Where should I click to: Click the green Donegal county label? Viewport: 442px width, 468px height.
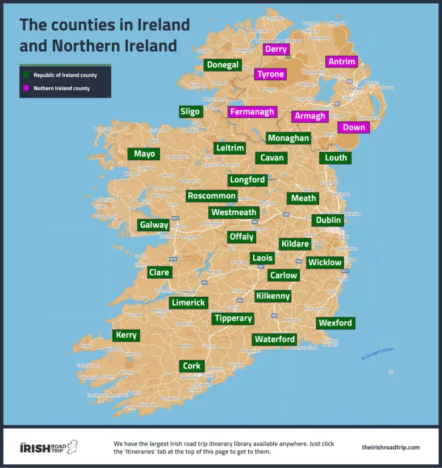pos(223,65)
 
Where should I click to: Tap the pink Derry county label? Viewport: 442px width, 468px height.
pos(276,50)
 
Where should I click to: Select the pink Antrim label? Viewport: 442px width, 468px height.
pos(341,61)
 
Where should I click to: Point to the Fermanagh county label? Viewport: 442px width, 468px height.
pos(252,112)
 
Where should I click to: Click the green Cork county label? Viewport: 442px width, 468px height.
pos(192,366)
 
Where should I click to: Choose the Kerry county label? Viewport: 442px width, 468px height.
pos(126,335)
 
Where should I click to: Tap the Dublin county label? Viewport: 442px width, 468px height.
pos(328,220)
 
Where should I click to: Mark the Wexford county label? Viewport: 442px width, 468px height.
pos(335,323)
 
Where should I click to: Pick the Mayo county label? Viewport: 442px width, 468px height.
pos(144,154)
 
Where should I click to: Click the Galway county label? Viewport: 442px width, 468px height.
pos(154,225)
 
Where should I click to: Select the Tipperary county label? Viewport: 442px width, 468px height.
pos(233,318)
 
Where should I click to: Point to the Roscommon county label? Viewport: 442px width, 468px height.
pos(211,196)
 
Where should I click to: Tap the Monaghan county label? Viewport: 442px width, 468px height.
pos(288,138)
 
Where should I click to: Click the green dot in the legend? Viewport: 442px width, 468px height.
pos(27,76)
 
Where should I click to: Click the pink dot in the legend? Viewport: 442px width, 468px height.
pos(27,89)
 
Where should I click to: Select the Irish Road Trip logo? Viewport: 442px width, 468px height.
pos(49,447)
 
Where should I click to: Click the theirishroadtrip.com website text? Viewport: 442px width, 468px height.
pos(390,447)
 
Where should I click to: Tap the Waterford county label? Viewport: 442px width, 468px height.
pos(275,339)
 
